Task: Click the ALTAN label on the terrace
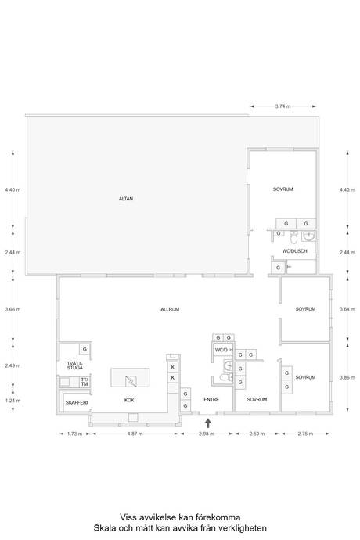126,199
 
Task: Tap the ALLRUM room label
170,309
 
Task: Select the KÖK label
129,400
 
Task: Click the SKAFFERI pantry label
77,402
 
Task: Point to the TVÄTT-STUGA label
75,365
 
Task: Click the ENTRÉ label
211,399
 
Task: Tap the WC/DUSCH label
294,251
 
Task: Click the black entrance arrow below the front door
207,423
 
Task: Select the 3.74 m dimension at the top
283,106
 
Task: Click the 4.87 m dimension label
135,434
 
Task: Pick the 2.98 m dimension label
207,434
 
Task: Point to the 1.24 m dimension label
13,401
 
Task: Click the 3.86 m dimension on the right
347,377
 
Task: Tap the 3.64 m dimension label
347,309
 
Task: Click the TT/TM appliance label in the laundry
85,382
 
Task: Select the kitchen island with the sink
130,378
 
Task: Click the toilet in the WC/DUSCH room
293,237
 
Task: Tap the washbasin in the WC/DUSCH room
308,236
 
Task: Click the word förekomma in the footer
218,517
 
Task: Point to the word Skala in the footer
104,528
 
